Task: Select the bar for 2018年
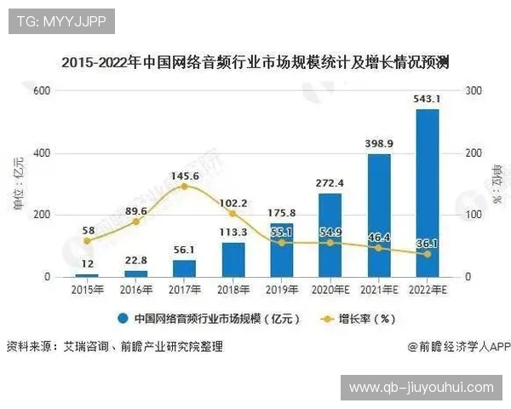pos(233,259)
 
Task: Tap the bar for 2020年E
pos(330,234)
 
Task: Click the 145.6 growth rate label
pos(184,176)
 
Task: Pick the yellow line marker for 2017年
pos(184,186)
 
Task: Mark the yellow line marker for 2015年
pos(87,241)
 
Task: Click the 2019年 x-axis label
pos(281,291)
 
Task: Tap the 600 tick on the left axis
pos(39,91)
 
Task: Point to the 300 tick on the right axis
pos(474,91)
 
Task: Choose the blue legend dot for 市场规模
pos(123,320)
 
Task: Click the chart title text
pos(255,62)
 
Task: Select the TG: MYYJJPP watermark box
pos(61,20)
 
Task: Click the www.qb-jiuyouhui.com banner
pos(421,388)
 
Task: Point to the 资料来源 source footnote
pos(114,347)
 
